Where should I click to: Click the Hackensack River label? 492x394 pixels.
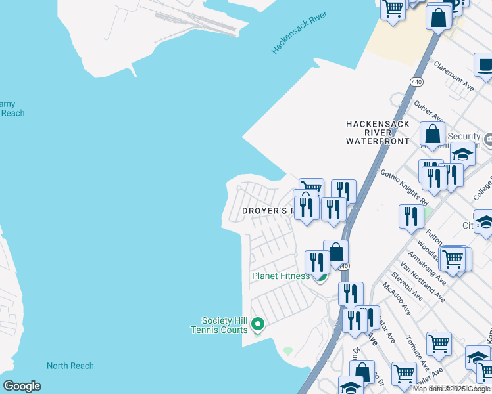(x=299, y=32)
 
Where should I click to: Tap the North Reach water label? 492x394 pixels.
(x=70, y=366)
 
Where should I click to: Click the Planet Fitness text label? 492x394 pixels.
(x=280, y=276)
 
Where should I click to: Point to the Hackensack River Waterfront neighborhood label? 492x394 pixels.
(x=378, y=133)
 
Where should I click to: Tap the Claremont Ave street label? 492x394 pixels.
(x=454, y=76)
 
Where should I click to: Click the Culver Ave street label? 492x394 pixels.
(x=428, y=111)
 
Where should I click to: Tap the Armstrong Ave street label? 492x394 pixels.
(x=426, y=267)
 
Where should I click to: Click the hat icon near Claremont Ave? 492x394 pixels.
(x=485, y=66)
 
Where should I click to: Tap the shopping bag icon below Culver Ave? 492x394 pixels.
(x=433, y=135)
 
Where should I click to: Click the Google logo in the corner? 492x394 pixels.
(x=22, y=386)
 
